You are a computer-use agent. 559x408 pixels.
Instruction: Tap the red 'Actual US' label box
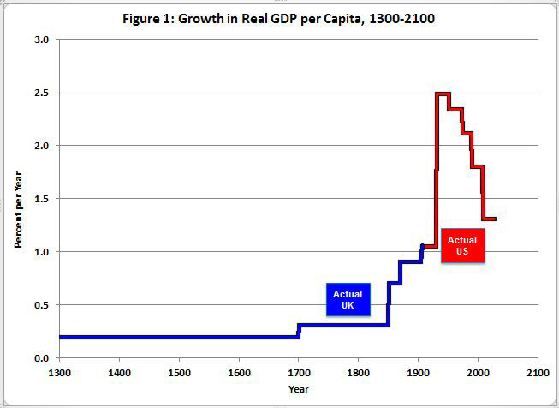pyautogui.click(x=462, y=246)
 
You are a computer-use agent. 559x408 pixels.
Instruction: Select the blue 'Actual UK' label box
pyautogui.click(x=348, y=299)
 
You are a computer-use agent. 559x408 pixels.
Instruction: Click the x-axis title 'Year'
pyautogui.click(x=299, y=389)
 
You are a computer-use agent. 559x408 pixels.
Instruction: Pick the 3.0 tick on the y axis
pyautogui.click(x=41, y=39)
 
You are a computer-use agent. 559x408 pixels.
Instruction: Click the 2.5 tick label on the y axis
pyautogui.click(x=41, y=93)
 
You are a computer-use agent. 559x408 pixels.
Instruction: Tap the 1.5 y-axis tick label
pyautogui.click(x=41, y=199)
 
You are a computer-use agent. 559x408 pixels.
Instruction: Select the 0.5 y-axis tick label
pyautogui.click(x=41, y=305)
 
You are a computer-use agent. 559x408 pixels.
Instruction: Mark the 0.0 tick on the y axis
pyautogui.click(x=41, y=358)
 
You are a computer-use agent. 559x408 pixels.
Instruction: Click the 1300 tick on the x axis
pyautogui.click(x=59, y=372)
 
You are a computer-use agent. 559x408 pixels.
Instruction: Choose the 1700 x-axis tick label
pyautogui.click(x=299, y=372)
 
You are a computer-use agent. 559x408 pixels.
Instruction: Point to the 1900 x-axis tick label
pyautogui.click(x=419, y=372)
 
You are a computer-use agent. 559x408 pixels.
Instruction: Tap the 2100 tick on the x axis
pyautogui.click(x=538, y=372)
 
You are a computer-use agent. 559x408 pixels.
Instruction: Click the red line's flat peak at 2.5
pyautogui.click(x=443, y=93)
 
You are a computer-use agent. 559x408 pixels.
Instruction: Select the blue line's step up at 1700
pyautogui.click(x=299, y=331)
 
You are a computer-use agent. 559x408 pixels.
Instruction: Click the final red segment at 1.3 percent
pyautogui.click(x=489, y=219)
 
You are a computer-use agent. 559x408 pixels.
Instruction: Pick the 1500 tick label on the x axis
pyautogui.click(x=179, y=372)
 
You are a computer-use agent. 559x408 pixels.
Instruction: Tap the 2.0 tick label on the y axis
pyautogui.click(x=41, y=146)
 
